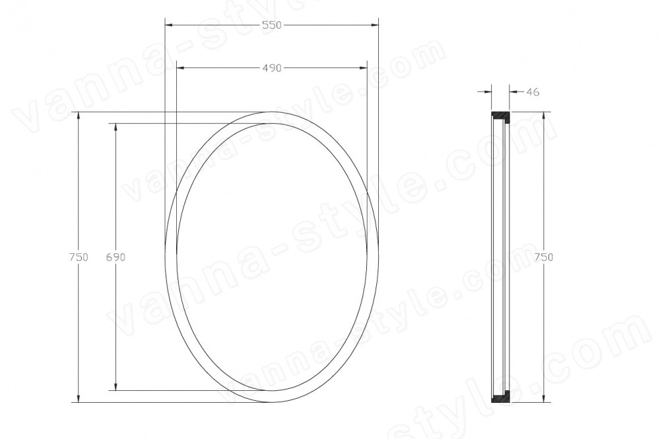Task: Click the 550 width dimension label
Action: click(271, 25)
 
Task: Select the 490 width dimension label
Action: click(271, 68)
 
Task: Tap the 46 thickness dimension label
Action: click(533, 92)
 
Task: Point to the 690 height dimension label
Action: click(115, 257)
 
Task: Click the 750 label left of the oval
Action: click(79, 257)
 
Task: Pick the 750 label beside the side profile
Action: click(543, 257)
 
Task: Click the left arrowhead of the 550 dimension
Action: click(169, 25)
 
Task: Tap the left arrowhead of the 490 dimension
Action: click(181, 68)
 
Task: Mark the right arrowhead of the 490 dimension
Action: click(362, 68)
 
